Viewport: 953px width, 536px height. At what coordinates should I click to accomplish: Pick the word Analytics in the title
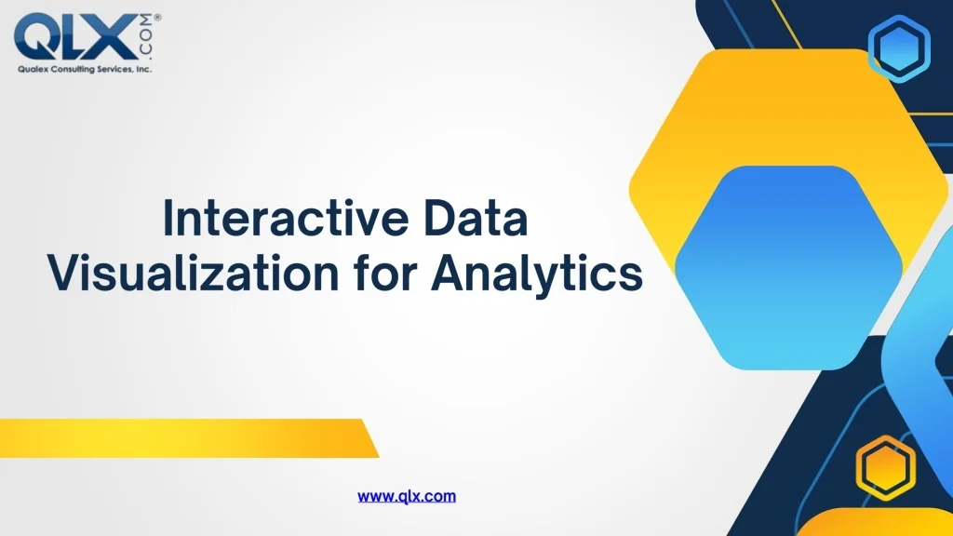click(x=538, y=275)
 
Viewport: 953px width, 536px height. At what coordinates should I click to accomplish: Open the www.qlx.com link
click(x=407, y=496)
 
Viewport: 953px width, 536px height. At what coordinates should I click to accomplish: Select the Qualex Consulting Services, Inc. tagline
click(x=84, y=69)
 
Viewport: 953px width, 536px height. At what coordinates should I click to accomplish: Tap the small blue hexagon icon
click(x=898, y=48)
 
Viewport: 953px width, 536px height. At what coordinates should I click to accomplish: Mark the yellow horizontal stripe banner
click(x=186, y=437)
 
